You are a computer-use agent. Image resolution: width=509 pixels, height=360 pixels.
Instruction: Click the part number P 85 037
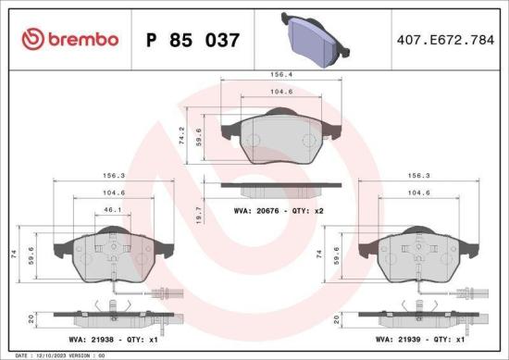click(193, 41)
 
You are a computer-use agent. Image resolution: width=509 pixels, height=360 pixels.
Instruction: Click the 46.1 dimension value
click(113, 211)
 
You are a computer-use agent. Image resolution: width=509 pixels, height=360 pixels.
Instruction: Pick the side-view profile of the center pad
click(274, 189)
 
